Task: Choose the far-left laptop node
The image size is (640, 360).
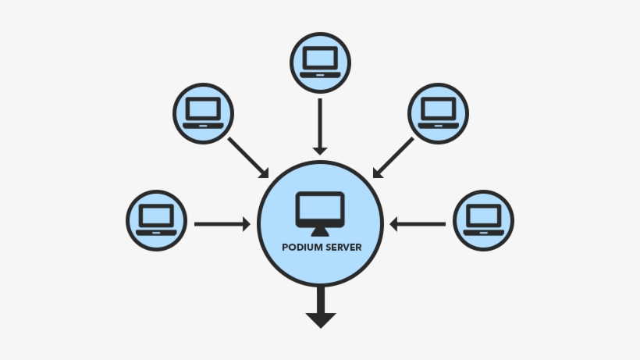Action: [x=156, y=221]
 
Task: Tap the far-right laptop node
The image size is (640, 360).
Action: [x=484, y=221]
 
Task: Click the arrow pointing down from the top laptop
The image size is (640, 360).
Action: [x=320, y=125]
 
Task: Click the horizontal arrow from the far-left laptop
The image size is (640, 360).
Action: [x=222, y=224]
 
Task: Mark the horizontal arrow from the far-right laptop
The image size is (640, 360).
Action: [x=418, y=224]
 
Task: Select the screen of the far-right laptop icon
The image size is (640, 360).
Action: [x=484, y=216]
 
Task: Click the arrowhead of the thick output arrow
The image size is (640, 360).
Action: [x=320, y=319]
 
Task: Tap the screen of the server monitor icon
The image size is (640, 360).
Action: [x=320, y=208]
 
